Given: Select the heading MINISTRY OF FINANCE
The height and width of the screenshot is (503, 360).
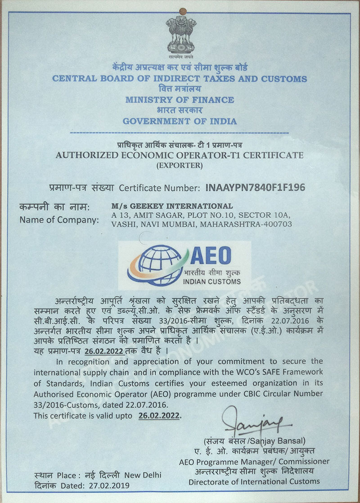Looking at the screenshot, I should coord(180,100).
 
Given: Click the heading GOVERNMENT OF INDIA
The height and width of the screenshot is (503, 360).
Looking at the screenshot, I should coord(180,121).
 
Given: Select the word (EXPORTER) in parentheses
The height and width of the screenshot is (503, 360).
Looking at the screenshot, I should coord(179,165).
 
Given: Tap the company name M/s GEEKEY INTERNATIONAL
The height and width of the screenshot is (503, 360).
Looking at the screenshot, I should coord(172,206).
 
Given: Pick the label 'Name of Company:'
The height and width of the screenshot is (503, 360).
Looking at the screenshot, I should coord(59,220).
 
